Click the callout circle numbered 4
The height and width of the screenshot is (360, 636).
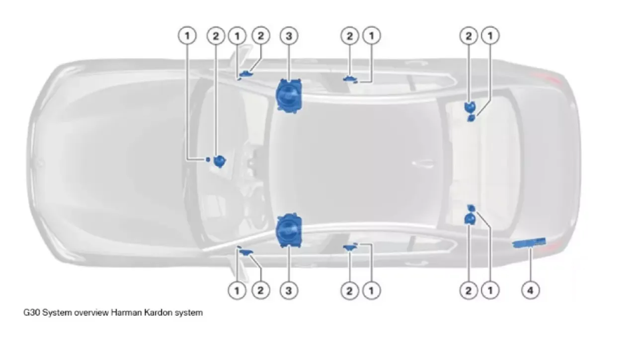point(530,290)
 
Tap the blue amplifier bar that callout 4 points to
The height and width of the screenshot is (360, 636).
point(529,242)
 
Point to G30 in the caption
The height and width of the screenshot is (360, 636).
point(31,313)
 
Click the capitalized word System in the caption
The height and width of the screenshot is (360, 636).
point(57,313)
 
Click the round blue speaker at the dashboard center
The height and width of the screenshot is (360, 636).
point(220,161)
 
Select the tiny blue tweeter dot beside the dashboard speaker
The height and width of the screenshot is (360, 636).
point(208,159)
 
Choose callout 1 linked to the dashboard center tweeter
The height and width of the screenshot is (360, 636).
point(187,36)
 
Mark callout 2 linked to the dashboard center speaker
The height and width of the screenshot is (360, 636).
point(216,36)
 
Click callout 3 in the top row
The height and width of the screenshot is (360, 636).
point(289,36)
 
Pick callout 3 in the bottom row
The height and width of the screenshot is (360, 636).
point(289,290)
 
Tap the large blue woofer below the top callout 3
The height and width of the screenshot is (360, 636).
point(289,96)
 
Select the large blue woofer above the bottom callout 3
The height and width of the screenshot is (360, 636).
point(289,230)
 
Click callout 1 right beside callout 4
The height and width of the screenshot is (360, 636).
point(490,290)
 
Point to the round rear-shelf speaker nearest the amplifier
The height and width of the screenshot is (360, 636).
point(470,218)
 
